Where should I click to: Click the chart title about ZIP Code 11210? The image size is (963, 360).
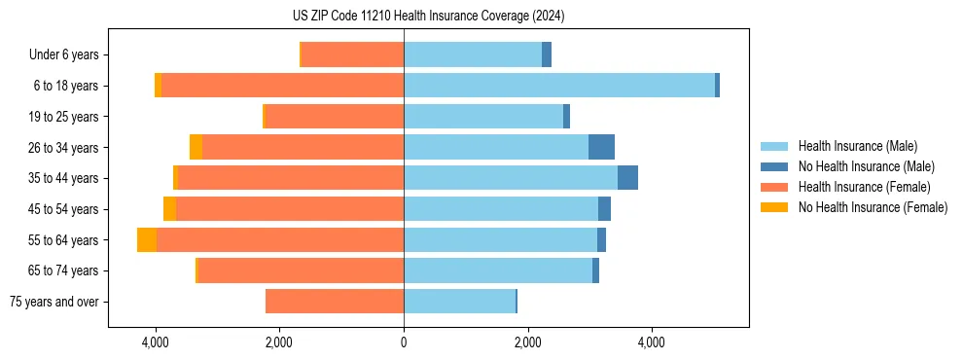click(x=428, y=17)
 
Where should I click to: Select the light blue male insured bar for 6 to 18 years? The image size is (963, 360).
click(x=559, y=86)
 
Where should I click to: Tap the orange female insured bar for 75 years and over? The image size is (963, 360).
click(x=335, y=302)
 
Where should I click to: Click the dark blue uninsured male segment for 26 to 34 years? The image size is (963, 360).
click(x=601, y=147)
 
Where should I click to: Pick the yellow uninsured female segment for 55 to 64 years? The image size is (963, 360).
click(x=147, y=240)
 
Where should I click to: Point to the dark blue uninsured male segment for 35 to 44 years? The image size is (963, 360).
click(x=627, y=178)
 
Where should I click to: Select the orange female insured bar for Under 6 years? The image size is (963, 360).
click(x=352, y=55)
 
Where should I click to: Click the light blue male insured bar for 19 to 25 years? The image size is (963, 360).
click(x=483, y=117)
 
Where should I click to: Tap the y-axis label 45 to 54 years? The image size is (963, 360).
click(x=63, y=209)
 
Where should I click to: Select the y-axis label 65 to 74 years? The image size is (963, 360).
click(x=63, y=270)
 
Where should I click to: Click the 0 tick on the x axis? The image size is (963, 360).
click(x=404, y=342)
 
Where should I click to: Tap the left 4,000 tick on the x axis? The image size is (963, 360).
click(x=156, y=342)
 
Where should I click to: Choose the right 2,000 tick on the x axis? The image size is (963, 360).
click(x=527, y=342)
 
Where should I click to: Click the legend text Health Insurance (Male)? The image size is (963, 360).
click(x=858, y=146)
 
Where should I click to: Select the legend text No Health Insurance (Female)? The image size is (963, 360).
click(x=873, y=207)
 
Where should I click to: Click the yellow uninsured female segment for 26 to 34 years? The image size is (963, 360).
click(x=196, y=147)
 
